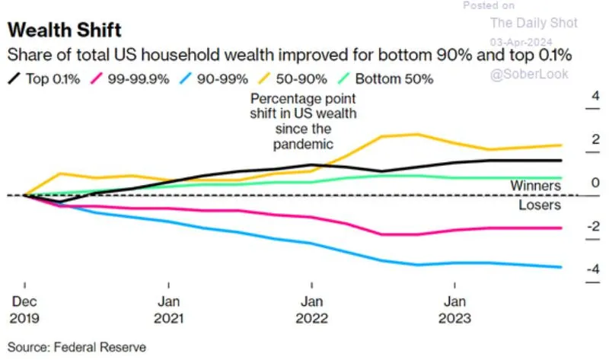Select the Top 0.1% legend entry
pos(49,78)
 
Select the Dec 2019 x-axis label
pos(24,310)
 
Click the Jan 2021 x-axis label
pos(168,310)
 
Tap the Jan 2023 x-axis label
pos(455,310)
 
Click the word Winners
pos(535,185)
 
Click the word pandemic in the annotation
pos(304,142)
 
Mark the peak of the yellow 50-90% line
pos(416,134)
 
